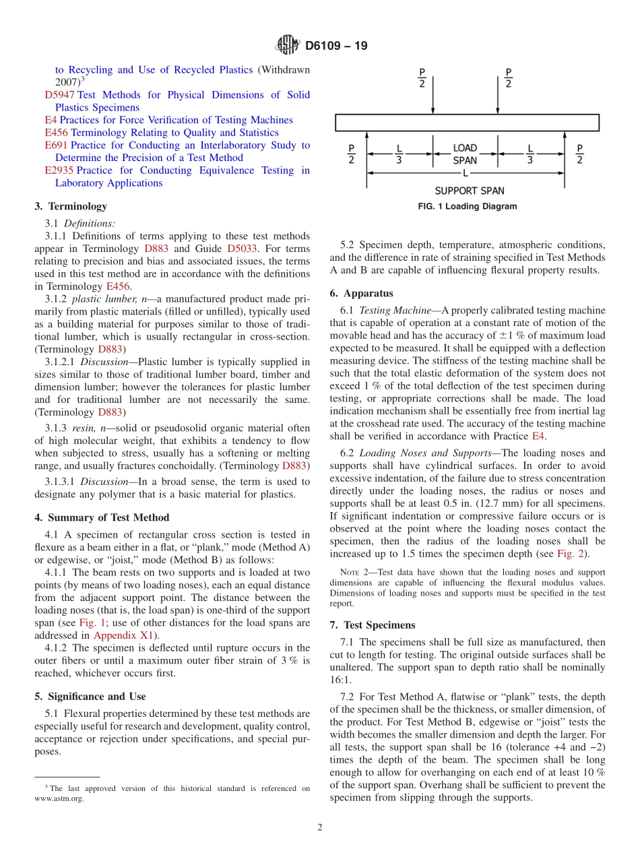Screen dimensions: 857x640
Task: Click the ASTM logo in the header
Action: point(288,46)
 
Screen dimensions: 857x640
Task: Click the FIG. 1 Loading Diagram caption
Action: point(468,206)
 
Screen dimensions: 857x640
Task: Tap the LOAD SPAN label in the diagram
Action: point(465,154)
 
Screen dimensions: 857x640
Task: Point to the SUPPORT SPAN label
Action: point(470,191)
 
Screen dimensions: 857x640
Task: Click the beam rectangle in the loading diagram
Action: point(467,123)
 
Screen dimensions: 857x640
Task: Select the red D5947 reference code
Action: point(59,95)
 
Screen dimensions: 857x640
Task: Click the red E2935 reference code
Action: point(59,170)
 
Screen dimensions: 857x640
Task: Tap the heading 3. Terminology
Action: point(70,206)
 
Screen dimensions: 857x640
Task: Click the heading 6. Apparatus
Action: point(361,293)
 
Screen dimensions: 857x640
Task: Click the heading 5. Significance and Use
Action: point(90,696)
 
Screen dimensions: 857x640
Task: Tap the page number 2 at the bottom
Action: point(320,828)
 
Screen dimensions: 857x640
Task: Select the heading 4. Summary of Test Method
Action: point(102,517)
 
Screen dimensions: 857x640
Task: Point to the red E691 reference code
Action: point(57,146)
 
